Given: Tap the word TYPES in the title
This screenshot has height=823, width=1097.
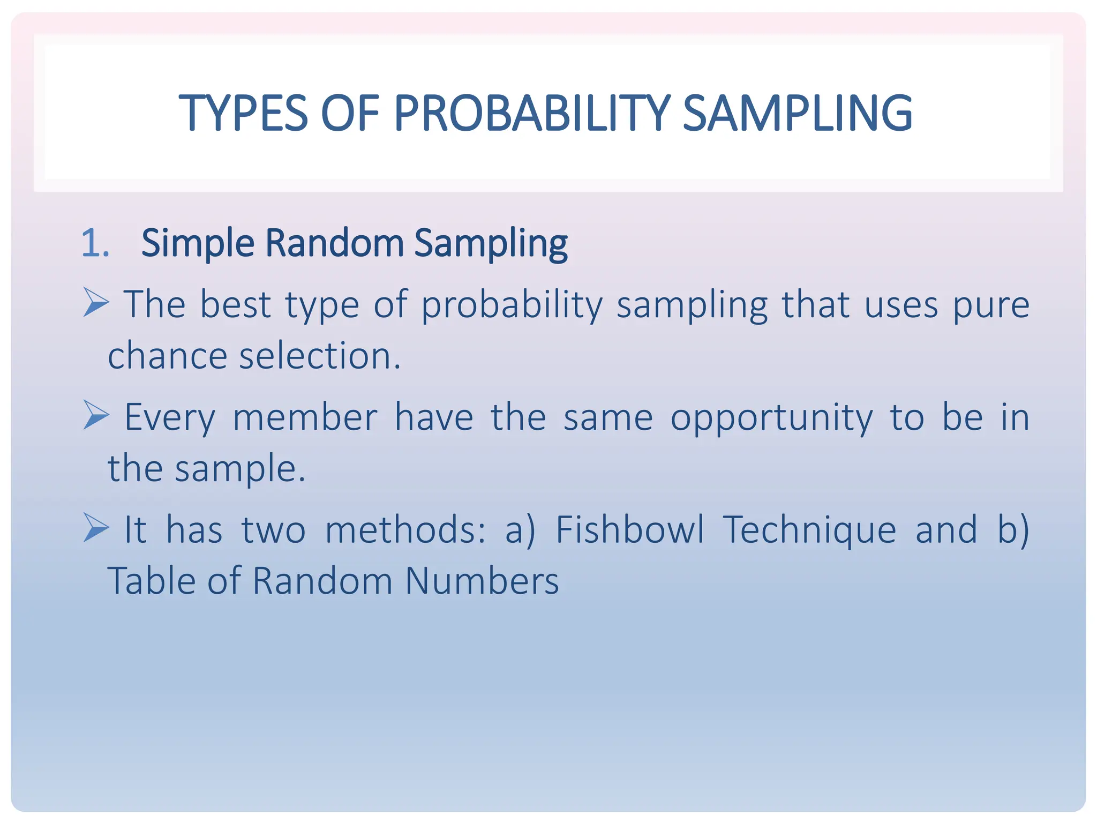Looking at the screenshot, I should [243, 113].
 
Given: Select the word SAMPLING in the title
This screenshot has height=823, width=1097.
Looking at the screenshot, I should [798, 113].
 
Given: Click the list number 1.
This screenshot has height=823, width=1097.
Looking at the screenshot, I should [95, 243].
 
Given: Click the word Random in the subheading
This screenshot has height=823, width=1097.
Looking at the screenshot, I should [334, 243].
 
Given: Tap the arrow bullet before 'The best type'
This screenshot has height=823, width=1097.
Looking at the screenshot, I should [96, 302].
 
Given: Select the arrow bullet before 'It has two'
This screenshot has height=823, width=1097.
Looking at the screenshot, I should [96, 527].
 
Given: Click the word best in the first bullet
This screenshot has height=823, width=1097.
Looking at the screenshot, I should [235, 304].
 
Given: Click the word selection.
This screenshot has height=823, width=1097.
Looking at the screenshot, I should [319, 356].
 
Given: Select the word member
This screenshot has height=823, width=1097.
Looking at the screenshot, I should [305, 417].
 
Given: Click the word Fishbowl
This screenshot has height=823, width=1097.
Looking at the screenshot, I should [630, 529].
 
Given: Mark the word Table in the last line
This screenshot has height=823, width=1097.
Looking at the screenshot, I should [151, 581].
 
